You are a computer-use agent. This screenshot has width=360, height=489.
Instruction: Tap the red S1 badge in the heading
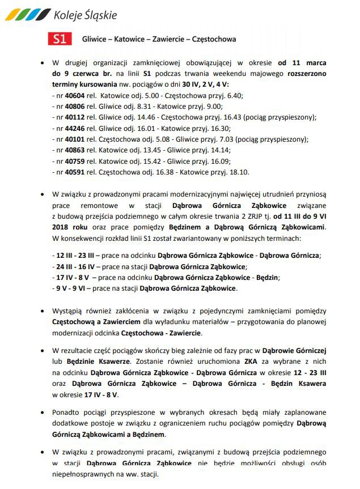pyautogui.click(x=60, y=39)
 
